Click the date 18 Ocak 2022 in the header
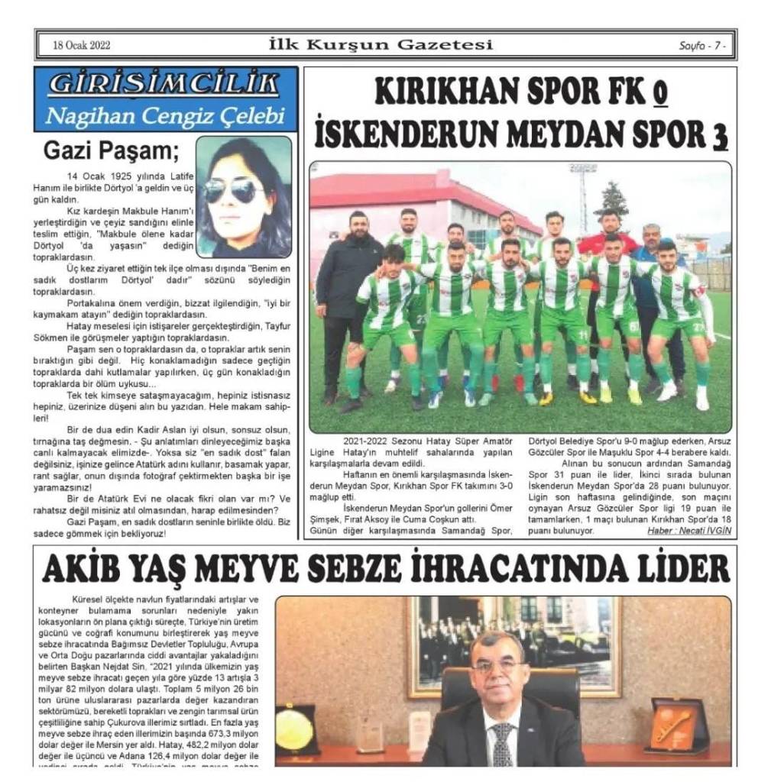pyautogui.click(x=82, y=45)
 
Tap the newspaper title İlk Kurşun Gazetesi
pyautogui.click(x=381, y=44)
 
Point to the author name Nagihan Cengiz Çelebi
pyautogui.click(x=165, y=116)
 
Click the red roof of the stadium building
pyautogui.click(x=397, y=191)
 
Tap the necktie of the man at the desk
pyautogui.click(x=501, y=745)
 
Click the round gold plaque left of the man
pyautogui.click(x=296, y=729)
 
